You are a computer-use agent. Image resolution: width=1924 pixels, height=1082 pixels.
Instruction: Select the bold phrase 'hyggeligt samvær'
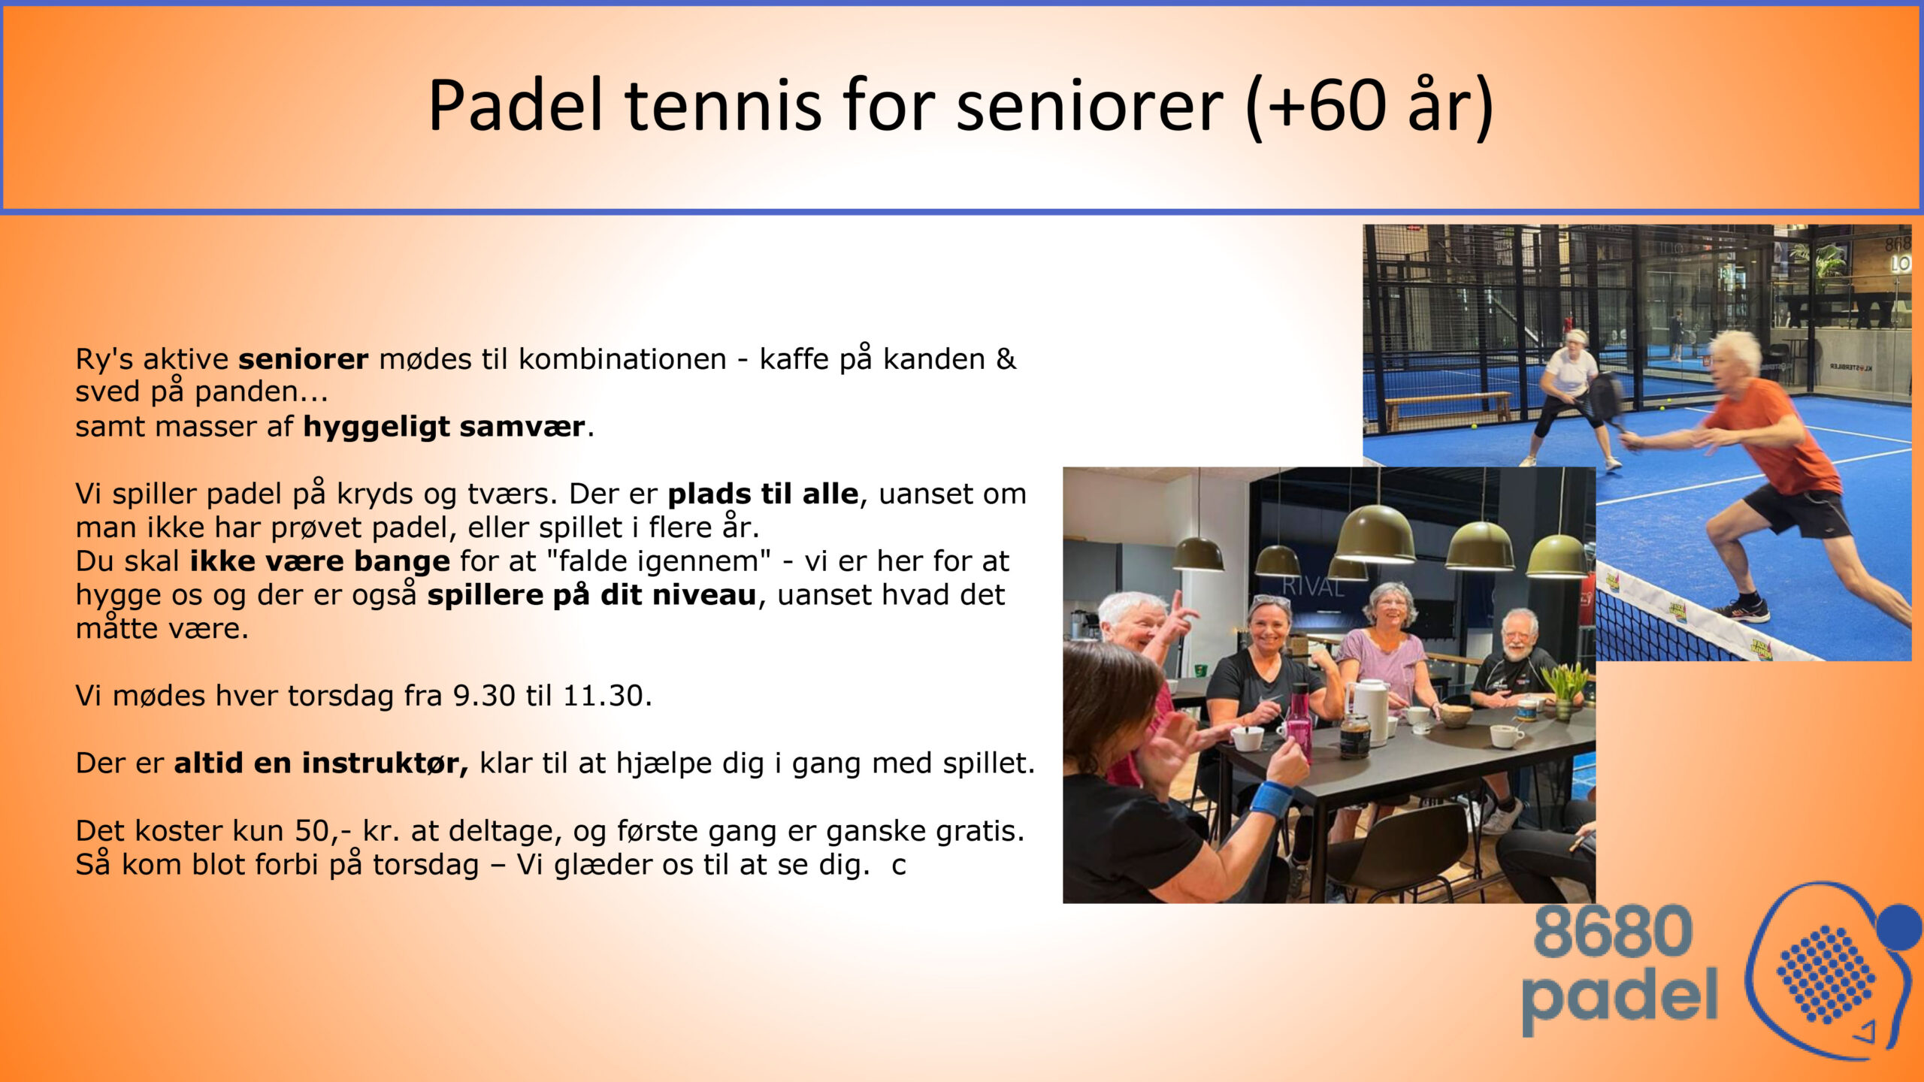point(444,427)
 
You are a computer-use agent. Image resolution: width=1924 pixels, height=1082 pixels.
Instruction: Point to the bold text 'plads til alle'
point(763,494)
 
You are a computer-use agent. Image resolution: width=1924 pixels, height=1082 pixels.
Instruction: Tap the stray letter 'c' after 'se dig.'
point(898,866)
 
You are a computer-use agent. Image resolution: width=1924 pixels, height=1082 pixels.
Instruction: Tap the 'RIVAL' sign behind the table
point(1312,587)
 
